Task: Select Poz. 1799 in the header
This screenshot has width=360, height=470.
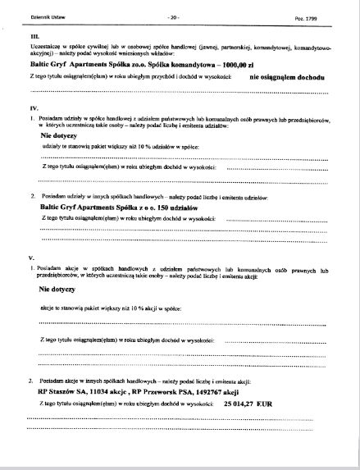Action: [x=307, y=16]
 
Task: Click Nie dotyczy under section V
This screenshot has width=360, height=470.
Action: [x=57, y=290]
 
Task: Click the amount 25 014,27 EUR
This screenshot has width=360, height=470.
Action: [x=252, y=404]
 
